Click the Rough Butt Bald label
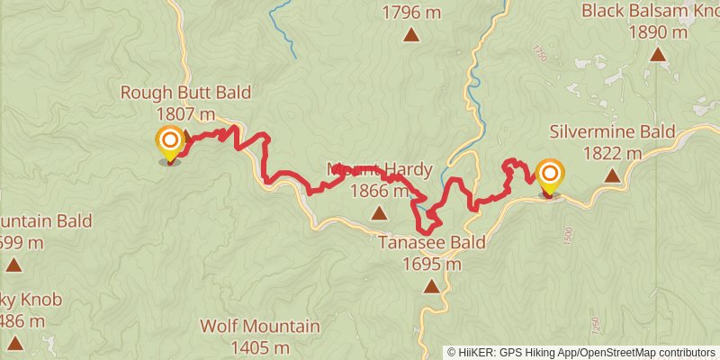185,94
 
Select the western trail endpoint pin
169,142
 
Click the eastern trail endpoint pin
550,175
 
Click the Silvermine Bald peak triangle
612,175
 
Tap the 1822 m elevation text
612,153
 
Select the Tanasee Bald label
432,243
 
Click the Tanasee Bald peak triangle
432,287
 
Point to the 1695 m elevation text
432,264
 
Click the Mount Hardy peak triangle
379,213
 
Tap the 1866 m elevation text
380,191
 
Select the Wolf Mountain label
260,327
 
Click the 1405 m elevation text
260,347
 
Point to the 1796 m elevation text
411,13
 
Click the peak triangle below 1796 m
411,35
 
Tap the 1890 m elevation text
659,33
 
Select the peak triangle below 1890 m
659,56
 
